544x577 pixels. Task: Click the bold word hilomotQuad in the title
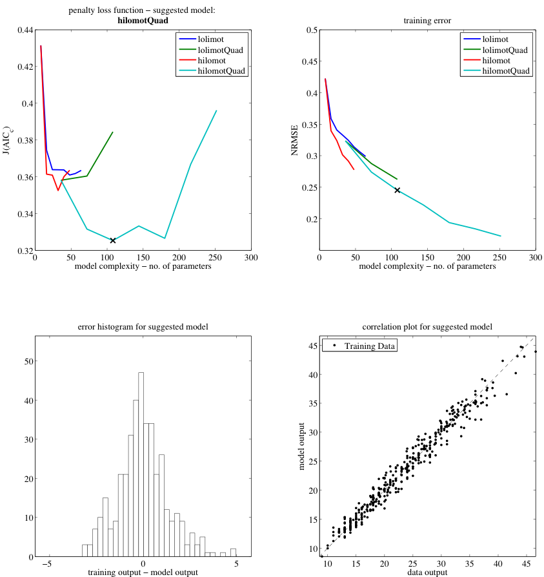coord(143,21)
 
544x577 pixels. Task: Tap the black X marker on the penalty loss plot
coord(113,240)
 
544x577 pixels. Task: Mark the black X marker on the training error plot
coord(398,190)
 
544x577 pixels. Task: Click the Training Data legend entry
coord(369,346)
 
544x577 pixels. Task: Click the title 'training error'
coord(427,21)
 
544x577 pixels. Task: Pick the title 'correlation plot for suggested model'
coord(427,327)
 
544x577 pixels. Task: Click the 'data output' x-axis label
coord(427,572)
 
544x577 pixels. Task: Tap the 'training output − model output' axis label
coord(143,572)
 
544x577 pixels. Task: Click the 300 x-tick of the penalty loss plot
coord(251,258)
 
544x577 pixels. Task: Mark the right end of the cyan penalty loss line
coord(216,110)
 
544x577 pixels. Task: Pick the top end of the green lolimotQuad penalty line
coord(113,132)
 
